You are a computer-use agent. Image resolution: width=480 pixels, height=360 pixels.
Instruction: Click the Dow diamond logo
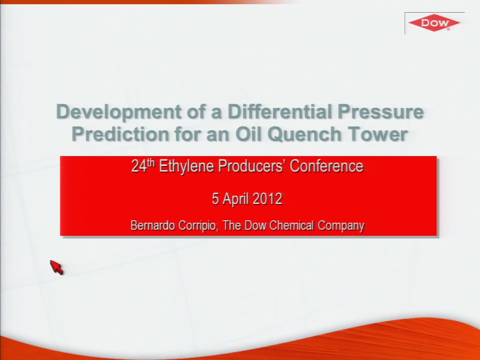(434, 22)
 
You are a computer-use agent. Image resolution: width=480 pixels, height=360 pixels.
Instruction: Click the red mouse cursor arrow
(56, 267)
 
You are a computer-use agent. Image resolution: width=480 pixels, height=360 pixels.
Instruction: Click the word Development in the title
(119, 112)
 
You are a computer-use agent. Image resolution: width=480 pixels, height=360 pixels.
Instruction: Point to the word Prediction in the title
(120, 134)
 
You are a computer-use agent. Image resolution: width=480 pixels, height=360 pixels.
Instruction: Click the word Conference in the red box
(327, 166)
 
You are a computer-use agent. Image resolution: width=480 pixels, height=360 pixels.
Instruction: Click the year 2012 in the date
(268, 199)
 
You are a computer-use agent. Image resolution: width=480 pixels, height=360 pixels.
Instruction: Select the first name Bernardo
(153, 225)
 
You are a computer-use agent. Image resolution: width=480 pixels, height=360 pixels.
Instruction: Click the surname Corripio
(198, 226)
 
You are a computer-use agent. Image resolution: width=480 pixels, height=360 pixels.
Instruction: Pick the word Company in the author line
(341, 226)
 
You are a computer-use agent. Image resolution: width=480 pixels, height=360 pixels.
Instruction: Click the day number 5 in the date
(215, 199)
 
